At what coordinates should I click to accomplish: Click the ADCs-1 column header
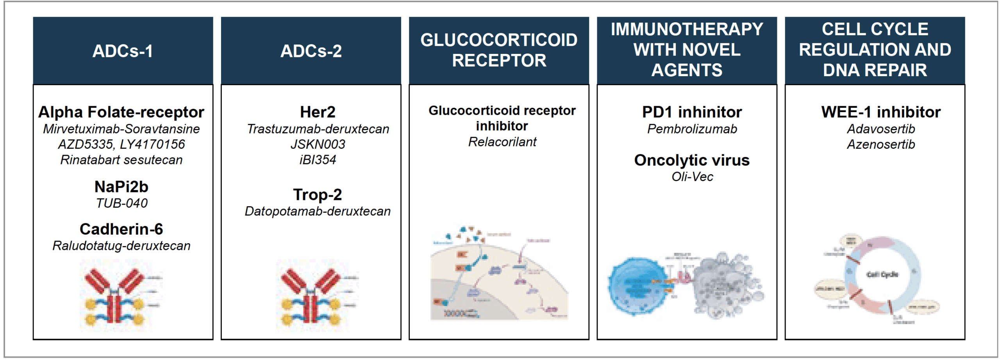(x=123, y=51)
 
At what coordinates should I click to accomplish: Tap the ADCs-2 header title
(x=311, y=51)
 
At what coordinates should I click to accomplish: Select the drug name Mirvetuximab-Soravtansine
(x=121, y=129)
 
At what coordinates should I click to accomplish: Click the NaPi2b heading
(x=121, y=187)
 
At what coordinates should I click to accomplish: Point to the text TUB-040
(x=122, y=203)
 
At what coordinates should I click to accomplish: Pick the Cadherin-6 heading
(x=121, y=229)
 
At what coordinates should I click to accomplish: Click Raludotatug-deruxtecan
(x=121, y=246)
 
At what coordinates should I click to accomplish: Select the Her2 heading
(x=318, y=112)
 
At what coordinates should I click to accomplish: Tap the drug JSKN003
(x=318, y=144)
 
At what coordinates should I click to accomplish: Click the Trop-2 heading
(x=318, y=194)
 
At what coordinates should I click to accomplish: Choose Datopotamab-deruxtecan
(x=318, y=211)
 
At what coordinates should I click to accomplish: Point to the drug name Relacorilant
(x=502, y=142)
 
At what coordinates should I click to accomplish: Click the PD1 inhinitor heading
(x=692, y=112)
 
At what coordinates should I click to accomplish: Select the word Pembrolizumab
(x=692, y=129)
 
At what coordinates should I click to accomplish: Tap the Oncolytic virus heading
(x=692, y=160)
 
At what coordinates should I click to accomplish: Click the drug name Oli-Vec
(x=692, y=177)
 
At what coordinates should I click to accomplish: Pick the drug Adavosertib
(x=881, y=129)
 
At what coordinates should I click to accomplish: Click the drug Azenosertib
(x=881, y=144)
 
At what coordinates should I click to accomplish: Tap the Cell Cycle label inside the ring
(x=882, y=274)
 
